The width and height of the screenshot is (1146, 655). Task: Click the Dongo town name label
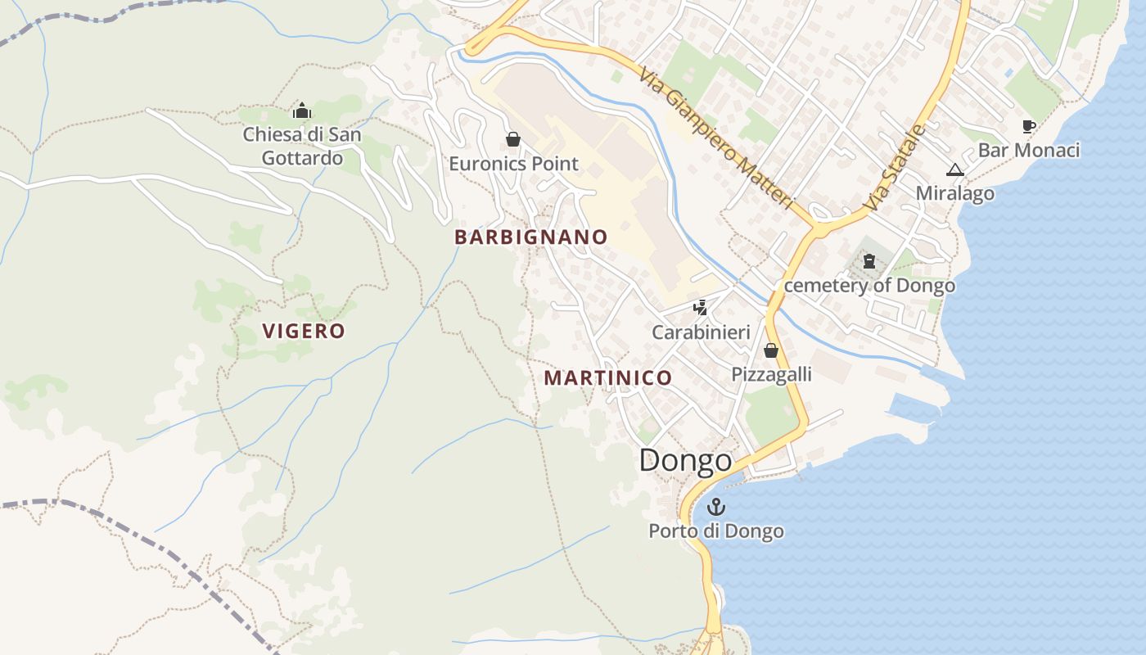coord(685,460)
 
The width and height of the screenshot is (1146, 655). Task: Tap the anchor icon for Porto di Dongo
coord(716,507)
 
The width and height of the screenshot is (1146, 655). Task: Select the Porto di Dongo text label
coord(716,531)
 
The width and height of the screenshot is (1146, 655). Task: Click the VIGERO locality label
coord(304,331)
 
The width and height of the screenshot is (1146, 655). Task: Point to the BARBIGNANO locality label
coord(531,237)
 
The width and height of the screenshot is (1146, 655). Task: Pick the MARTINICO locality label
coord(608,378)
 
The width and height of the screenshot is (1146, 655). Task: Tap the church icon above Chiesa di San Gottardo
coord(302,111)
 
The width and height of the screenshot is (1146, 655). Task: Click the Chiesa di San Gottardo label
coord(302,146)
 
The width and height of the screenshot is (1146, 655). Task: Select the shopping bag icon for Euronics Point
coord(513,139)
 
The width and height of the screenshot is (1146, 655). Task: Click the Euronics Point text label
coord(513,164)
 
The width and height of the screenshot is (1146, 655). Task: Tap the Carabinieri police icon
coord(700,309)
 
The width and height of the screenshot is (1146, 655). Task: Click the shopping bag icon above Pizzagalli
coord(770,350)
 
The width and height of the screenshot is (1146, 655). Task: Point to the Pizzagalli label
coord(771,374)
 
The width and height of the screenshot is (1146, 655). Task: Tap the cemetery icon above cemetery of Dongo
coord(869,262)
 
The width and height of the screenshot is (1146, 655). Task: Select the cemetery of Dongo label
coord(869,286)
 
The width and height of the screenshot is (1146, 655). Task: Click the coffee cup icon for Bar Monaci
coord(1029,126)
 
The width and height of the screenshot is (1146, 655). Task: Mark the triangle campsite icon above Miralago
coord(954,169)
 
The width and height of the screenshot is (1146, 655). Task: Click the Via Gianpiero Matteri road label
coord(717,138)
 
